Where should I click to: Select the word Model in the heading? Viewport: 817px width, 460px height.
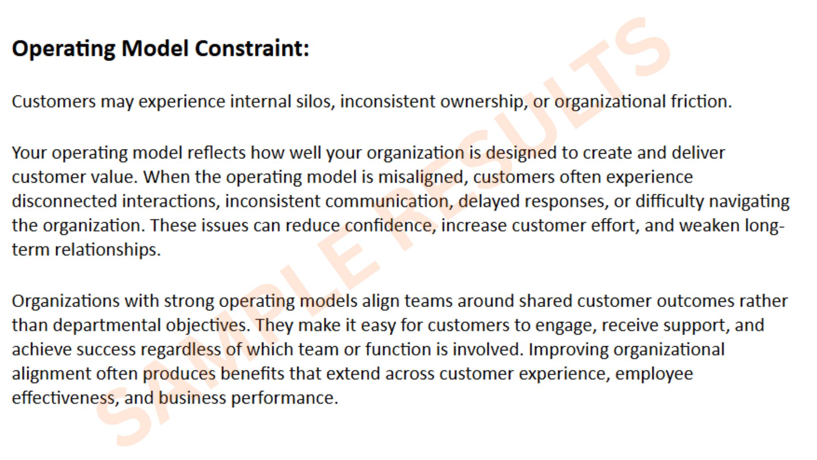155,48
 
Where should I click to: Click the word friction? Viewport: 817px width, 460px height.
701,102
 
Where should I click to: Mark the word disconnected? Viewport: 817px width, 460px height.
64,201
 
